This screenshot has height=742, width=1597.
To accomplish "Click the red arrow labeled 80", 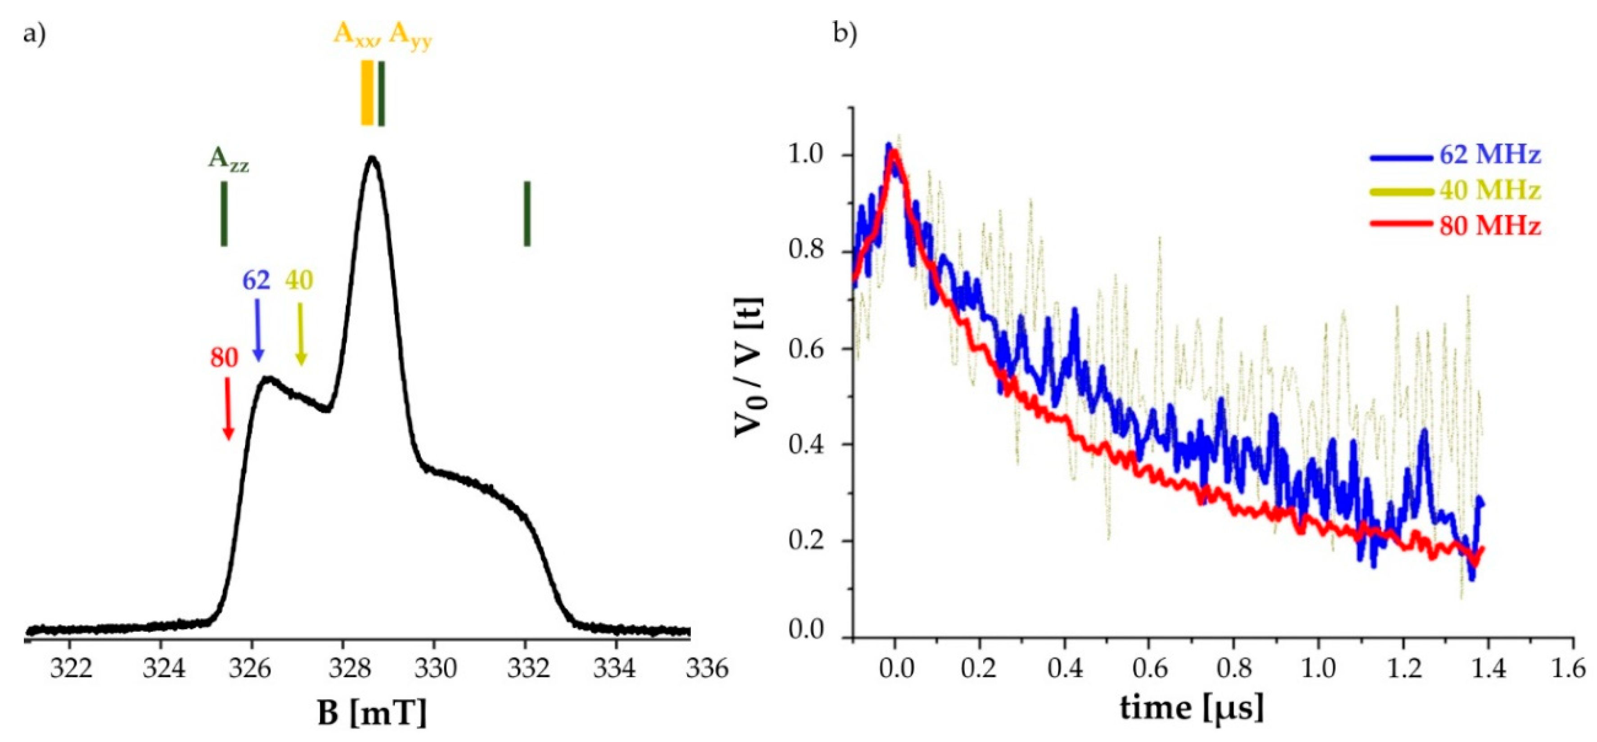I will [228, 409].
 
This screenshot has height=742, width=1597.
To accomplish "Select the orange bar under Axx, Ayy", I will [367, 93].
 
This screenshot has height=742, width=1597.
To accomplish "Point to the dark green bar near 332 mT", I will [527, 214].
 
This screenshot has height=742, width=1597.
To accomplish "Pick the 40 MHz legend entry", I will [1488, 190].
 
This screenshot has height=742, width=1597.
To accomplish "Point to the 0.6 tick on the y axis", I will [809, 349].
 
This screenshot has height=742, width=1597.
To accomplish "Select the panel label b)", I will [845, 34].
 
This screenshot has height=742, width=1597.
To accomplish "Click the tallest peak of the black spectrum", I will [372, 158].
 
